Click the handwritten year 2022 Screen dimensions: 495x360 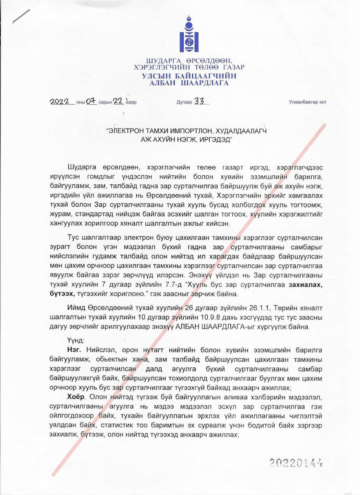62,102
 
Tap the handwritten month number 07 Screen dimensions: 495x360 91,102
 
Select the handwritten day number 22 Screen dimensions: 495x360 118,101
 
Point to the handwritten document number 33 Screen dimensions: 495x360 200,101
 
